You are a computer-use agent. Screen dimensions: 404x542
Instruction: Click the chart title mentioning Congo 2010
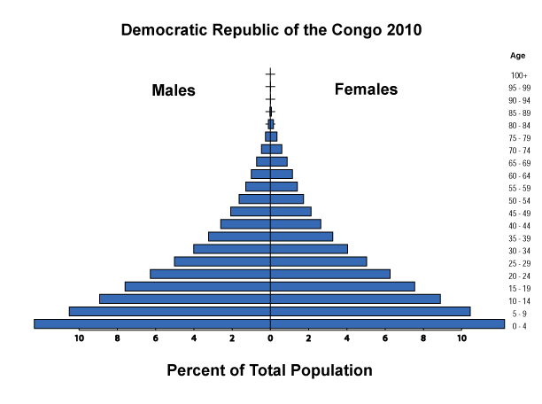coord(271,29)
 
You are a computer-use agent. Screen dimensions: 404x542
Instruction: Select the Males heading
coord(174,90)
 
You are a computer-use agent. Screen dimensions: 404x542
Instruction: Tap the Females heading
coord(366,89)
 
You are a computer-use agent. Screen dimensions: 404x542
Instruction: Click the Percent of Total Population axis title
coord(269,370)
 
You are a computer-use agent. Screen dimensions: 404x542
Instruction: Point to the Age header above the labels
coord(517,55)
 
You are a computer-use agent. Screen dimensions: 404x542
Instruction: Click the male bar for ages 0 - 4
coord(151,323)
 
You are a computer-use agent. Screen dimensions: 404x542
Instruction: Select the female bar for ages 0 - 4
coord(387,323)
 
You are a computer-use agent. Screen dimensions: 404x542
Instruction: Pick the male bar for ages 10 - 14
coord(184,299)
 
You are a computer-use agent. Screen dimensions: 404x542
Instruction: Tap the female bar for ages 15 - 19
coord(342,286)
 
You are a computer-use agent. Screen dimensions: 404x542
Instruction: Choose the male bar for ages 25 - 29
coord(221,261)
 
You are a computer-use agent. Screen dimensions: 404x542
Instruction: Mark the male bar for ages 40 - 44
coord(244,224)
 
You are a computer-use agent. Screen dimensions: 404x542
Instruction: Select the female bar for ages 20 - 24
coord(329,274)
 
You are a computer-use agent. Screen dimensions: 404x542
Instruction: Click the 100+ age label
coord(519,75)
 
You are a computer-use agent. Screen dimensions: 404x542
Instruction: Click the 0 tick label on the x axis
coord(270,338)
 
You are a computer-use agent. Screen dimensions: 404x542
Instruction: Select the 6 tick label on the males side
coord(155,338)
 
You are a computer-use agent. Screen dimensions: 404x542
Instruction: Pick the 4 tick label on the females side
coord(346,338)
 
